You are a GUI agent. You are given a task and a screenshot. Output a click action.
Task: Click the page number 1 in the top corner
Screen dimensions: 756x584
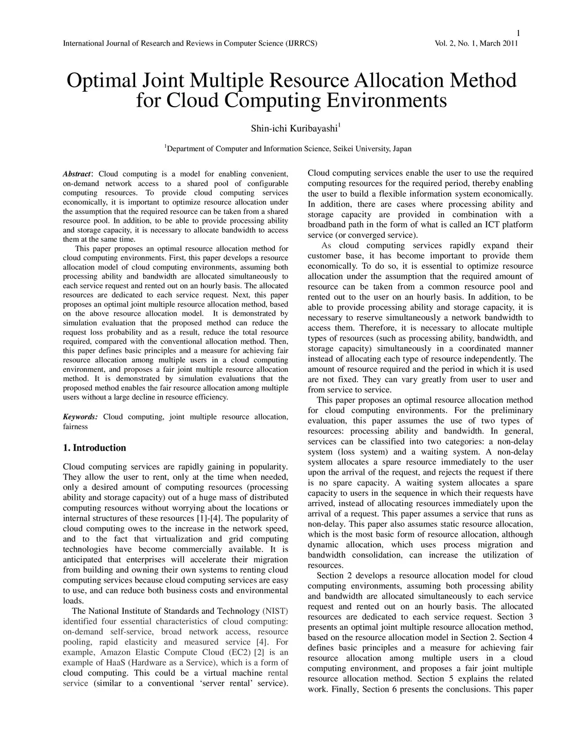(x=518, y=32)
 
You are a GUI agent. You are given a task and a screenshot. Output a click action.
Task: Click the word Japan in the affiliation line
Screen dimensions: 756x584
(x=401, y=149)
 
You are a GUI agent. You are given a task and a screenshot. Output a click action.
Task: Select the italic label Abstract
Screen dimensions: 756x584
(x=76, y=174)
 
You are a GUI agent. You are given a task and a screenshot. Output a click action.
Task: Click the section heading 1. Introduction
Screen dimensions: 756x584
(x=94, y=448)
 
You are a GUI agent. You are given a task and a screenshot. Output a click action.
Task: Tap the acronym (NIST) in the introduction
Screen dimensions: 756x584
(x=275, y=611)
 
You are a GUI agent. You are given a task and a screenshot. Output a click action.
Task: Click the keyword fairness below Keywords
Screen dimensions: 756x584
(x=75, y=427)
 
